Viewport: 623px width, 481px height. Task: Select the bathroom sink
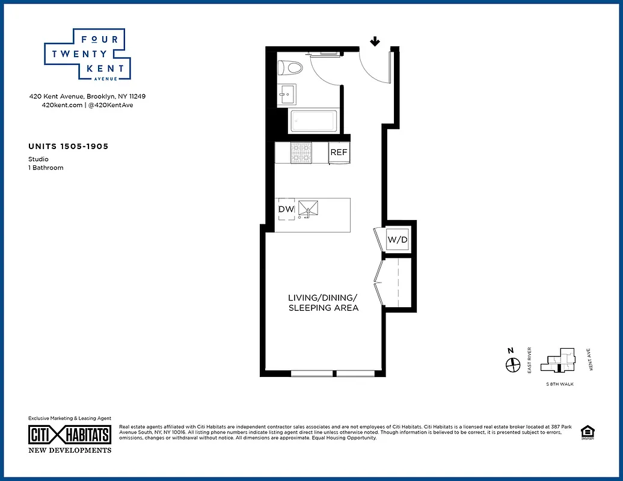[286, 93]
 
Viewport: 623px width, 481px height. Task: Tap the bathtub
[315, 121]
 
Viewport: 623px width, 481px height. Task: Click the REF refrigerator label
[339, 152]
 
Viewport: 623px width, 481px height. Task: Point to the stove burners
[301, 153]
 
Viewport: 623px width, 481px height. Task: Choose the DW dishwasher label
[286, 209]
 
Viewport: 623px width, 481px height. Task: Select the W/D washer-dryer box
[397, 240]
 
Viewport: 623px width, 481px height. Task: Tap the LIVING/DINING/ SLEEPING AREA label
[323, 302]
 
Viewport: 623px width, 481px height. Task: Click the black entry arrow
[375, 41]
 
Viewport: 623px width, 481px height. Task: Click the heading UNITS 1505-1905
[68, 146]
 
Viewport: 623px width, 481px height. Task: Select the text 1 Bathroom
[46, 168]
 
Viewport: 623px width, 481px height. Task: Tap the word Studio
[38, 159]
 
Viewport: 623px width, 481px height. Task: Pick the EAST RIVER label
[530, 360]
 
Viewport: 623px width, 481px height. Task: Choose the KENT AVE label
[592, 360]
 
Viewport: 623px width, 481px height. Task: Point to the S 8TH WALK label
[559, 384]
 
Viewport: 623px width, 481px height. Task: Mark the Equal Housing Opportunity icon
[586, 433]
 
